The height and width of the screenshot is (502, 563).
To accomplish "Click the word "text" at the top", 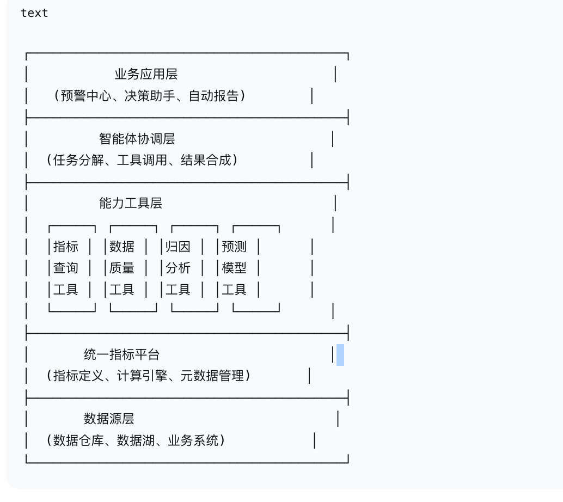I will coord(34,13).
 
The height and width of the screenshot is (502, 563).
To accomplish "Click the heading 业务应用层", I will coord(145,74).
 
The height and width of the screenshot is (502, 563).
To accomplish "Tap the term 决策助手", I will coord(149,96).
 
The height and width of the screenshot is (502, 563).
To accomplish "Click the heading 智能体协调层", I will coord(137,139).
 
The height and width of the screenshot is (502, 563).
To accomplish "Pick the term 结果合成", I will coord(206,160).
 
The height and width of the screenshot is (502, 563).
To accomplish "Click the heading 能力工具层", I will coord(131,203).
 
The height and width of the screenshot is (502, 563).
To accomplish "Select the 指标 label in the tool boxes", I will coord(66,247).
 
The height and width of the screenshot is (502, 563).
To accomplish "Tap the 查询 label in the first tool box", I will coord(66,268).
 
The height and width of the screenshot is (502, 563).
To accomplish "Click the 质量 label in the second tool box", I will coord(122,268).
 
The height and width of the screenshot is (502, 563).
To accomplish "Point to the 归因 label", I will coord(178,247).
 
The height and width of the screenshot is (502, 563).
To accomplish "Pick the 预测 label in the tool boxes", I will coord(234,247).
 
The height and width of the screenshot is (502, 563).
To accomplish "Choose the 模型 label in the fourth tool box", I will coord(234,268).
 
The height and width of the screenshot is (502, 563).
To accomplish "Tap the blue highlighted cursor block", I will coord(340,354).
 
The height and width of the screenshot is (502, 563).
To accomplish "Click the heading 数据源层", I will coord(109,419).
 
